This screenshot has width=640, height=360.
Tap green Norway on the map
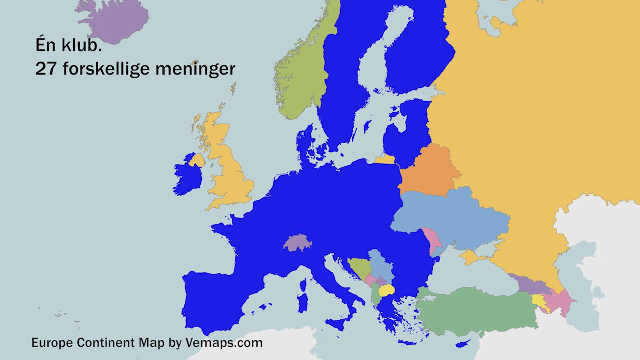click(303, 73)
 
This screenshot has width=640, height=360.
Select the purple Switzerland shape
click(298, 242)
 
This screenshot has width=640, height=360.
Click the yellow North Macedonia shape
click(386, 291)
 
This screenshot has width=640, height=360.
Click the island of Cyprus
click(462, 344)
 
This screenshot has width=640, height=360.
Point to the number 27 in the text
click(45, 69)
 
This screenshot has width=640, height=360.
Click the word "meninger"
click(195, 69)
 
